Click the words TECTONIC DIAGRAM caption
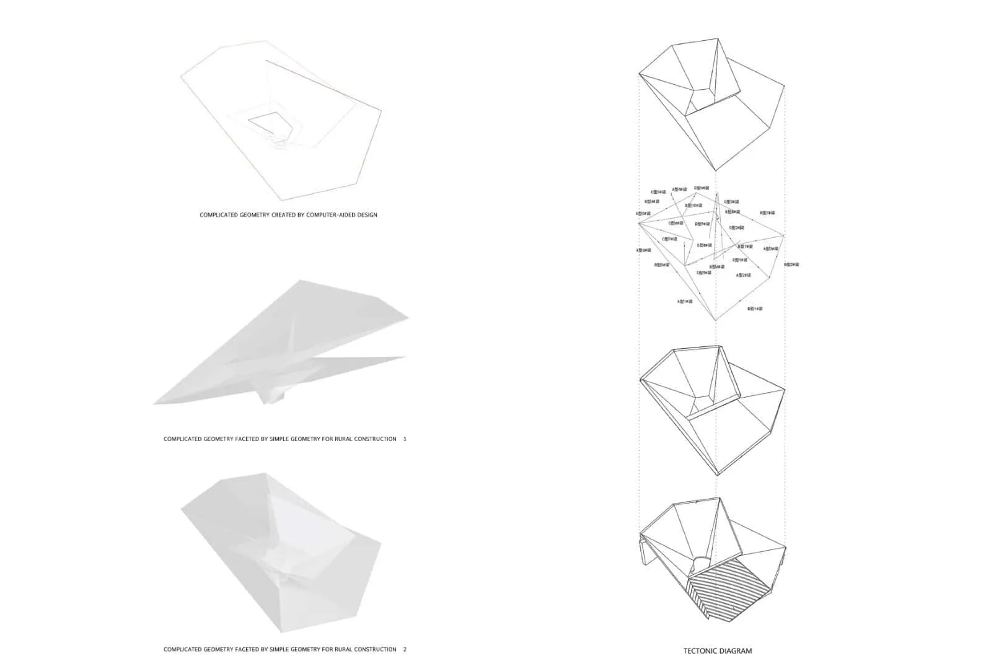(717, 650)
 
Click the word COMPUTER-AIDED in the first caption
(325, 215)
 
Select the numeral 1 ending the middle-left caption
(405, 439)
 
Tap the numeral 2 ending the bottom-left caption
(405, 649)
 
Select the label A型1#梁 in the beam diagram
(685, 302)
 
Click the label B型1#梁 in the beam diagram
(755, 308)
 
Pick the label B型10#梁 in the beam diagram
(694, 205)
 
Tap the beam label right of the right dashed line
(791, 265)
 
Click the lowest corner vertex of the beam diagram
(716, 320)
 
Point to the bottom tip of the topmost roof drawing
(716, 170)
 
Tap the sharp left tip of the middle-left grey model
(155, 403)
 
